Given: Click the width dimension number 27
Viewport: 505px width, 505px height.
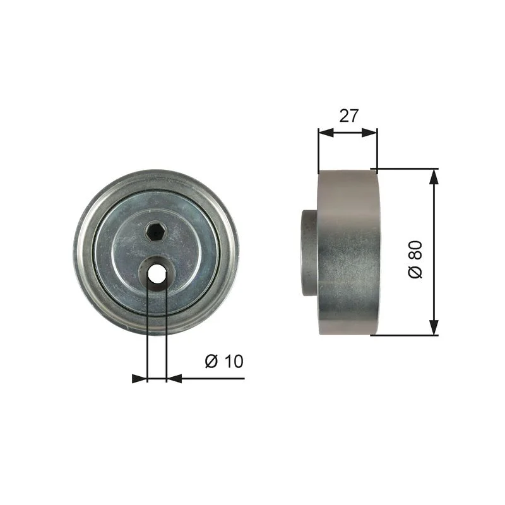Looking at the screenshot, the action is [x=349, y=116].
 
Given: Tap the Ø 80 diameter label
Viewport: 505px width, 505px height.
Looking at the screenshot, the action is [x=415, y=259].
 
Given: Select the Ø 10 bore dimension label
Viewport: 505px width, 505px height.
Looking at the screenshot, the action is [x=224, y=361].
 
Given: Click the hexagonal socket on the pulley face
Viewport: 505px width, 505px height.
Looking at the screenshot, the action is [x=155, y=232].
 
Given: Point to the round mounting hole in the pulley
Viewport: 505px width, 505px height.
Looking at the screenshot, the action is [x=157, y=275].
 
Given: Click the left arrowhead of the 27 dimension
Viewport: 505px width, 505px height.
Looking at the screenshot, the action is [x=326, y=133].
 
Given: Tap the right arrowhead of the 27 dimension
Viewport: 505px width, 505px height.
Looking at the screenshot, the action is [x=369, y=133].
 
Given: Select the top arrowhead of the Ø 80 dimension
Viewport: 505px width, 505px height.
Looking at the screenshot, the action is [x=434, y=177].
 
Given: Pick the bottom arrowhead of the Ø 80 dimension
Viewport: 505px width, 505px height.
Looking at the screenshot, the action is [x=434, y=328].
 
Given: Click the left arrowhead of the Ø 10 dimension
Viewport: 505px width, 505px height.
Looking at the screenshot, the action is [x=140, y=379].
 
